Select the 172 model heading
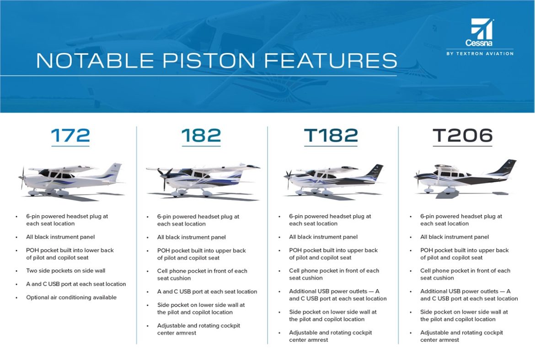(70, 136)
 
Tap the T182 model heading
(331, 136)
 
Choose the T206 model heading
(462, 136)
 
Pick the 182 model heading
(201, 136)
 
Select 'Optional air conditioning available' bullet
(71, 297)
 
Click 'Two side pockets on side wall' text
(65, 270)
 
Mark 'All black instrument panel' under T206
(455, 237)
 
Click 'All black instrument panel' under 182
(191, 237)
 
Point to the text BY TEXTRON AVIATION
(480, 53)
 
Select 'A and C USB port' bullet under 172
(76, 284)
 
